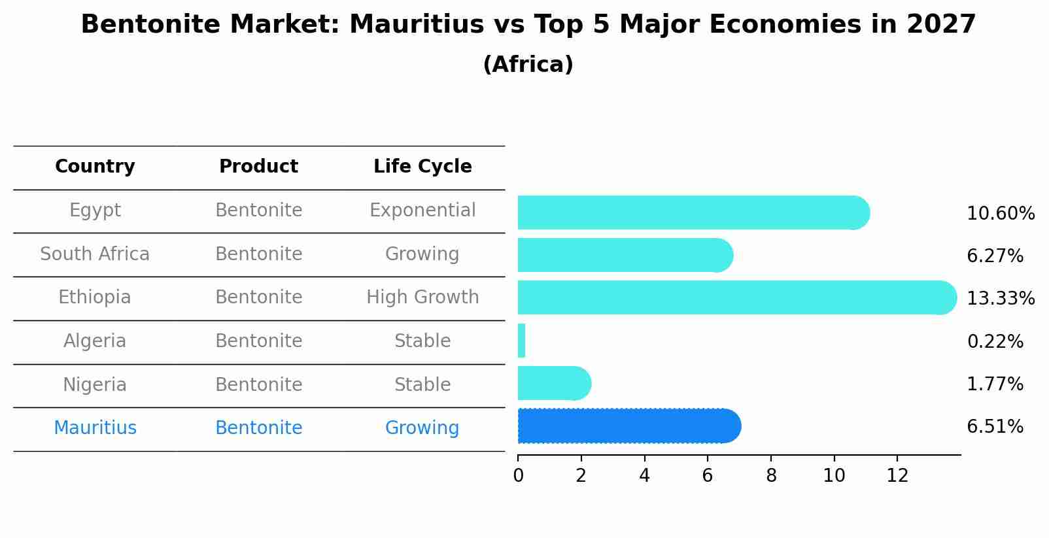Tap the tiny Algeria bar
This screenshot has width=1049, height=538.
521,341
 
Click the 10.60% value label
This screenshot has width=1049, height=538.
1000,214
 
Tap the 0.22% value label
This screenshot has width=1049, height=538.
995,341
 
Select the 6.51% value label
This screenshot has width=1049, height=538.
995,427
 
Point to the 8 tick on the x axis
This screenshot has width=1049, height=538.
771,476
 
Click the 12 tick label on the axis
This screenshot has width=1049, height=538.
897,476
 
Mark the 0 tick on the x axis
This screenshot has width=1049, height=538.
518,476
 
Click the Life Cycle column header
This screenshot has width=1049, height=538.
422,167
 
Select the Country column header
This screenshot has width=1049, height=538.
95,167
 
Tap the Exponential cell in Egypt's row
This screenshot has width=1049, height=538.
422,210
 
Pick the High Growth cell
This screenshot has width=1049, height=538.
422,297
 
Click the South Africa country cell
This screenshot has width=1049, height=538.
95,254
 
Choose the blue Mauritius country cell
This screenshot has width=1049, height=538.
95,428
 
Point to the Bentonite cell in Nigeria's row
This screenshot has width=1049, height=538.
258,384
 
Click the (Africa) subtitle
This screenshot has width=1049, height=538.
528,65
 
